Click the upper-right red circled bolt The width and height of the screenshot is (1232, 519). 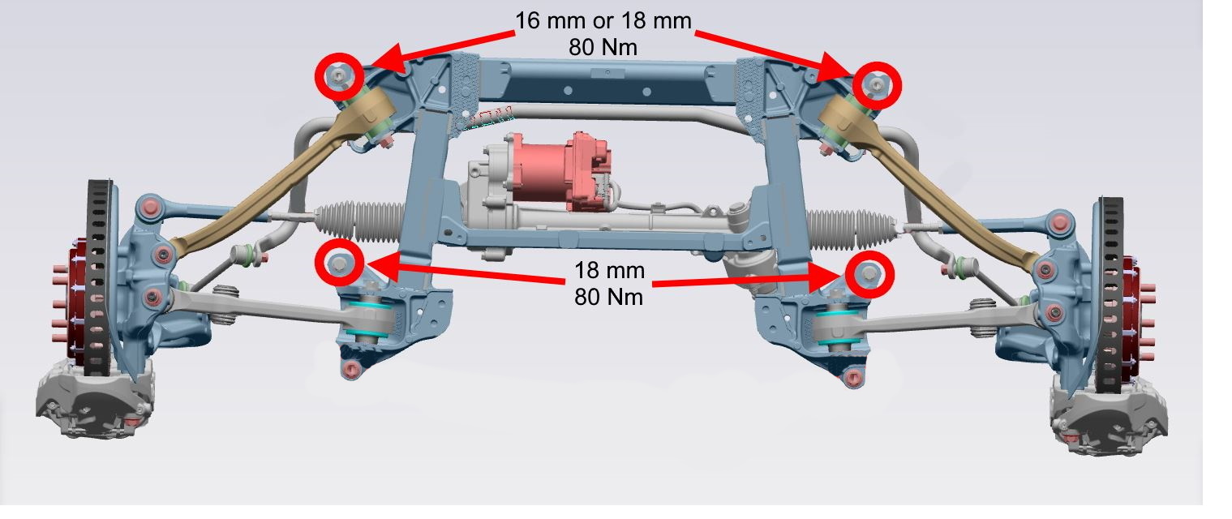(x=876, y=84)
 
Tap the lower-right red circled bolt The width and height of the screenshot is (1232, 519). (x=869, y=274)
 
